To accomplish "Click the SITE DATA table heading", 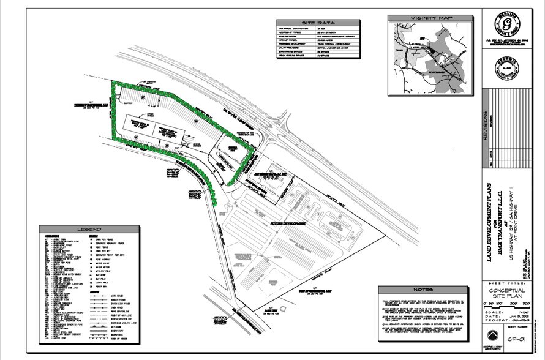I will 318,21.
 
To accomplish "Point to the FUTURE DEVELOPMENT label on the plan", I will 287,225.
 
